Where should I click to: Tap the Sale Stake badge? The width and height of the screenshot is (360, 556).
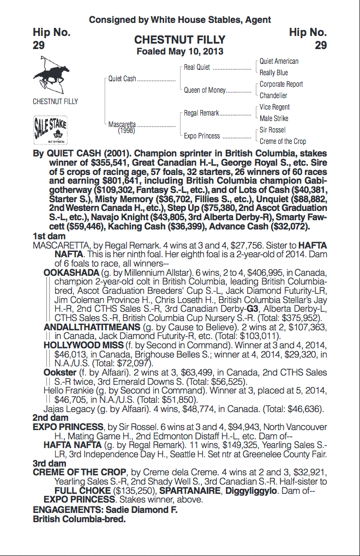[50, 129]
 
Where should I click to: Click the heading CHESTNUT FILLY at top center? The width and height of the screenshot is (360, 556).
[179, 40]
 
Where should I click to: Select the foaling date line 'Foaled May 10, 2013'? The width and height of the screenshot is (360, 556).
[179, 51]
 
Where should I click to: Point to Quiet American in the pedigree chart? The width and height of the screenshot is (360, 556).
[279, 62]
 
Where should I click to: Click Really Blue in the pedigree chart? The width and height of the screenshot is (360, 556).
[274, 72]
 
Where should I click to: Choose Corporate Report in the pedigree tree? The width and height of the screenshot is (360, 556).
[281, 84]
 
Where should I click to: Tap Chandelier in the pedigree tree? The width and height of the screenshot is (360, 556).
[273, 95]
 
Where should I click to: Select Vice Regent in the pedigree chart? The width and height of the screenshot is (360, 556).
[275, 107]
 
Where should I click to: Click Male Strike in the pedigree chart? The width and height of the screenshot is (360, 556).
[274, 118]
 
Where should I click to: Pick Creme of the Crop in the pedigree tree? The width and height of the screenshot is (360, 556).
[283, 141]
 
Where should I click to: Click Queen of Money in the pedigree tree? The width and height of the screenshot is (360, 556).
[205, 90]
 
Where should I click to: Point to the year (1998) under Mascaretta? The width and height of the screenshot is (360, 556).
[126, 130]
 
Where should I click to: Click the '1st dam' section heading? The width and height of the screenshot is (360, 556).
[47, 236]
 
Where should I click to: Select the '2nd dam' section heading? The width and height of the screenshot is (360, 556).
[47, 418]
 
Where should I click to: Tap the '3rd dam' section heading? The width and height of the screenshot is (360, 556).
[47, 463]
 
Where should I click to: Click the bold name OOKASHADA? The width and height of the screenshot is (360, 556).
[71, 273]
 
